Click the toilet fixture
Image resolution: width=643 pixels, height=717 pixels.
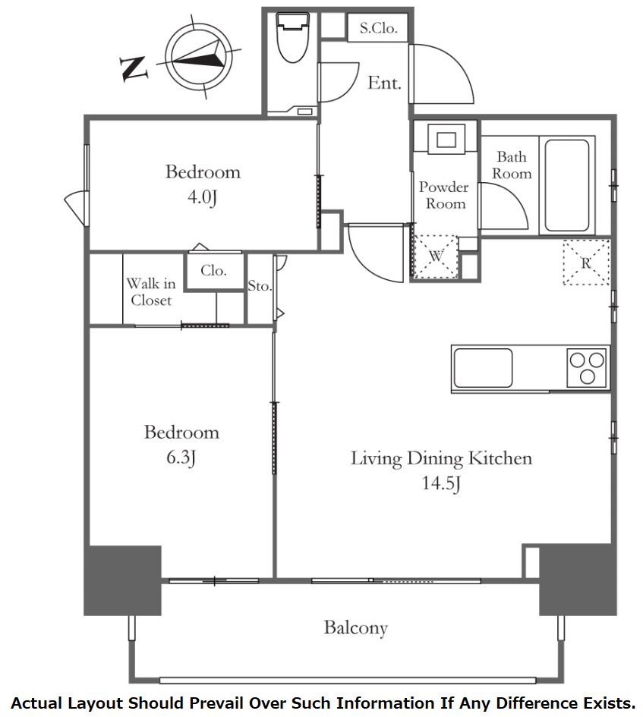[x=293, y=36]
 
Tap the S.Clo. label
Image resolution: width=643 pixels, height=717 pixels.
[x=378, y=28]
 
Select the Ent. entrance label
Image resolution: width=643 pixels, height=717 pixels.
[x=384, y=83]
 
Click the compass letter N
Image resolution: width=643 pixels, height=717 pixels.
[x=133, y=68]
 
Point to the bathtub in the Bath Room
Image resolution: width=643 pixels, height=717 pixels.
[x=566, y=185]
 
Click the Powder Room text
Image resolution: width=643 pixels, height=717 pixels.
[x=444, y=195]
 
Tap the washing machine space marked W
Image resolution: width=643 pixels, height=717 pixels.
[x=435, y=256]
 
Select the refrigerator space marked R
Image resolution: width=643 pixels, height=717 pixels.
[x=586, y=263]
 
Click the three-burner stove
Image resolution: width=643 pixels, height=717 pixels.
[x=587, y=368]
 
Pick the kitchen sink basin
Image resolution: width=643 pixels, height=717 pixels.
[x=483, y=368]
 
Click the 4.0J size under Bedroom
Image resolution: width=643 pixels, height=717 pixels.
[x=202, y=197]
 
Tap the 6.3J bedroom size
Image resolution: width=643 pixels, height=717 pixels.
[x=181, y=458]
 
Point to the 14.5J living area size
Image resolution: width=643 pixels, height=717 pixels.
[x=441, y=483]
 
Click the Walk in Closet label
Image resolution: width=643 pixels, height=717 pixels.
[x=151, y=292]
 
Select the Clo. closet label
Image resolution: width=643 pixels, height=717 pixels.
[x=214, y=270]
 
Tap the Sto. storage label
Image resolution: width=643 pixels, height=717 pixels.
[x=260, y=286]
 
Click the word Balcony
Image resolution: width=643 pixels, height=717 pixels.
[x=355, y=627]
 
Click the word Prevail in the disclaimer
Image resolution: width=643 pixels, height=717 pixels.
[x=215, y=703]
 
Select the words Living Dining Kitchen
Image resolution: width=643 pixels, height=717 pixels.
[x=441, y=458]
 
